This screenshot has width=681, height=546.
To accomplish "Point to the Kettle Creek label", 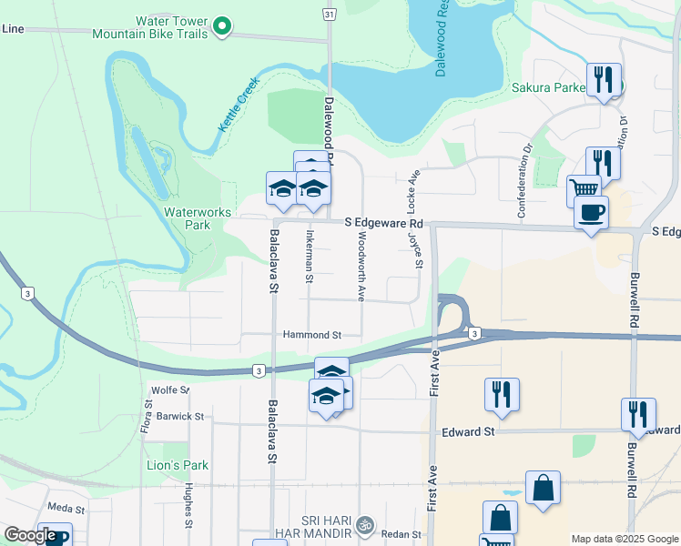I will pyautogui.click(x=239, y=104).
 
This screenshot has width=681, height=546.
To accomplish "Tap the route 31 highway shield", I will pyautogui.click(x=329, y=13).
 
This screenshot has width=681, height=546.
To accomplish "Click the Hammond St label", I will pyautogui.click(x=311, y=335).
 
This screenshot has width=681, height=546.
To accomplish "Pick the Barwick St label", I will pyautogui.click(x=179, y=416).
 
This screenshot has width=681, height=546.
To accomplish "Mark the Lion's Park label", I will pyautogui.click(x=178, y=465).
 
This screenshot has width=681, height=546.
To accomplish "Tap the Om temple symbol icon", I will pyautogui.click(x=364, y=525).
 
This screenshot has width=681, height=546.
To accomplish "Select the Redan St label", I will pyautogui.click(x=401, y=534).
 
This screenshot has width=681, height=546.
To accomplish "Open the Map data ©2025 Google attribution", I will pyautogui.click(x=625, y=539).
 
